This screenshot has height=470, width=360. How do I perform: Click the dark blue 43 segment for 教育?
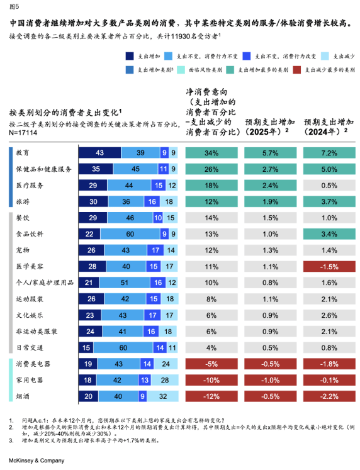tap(100, 152)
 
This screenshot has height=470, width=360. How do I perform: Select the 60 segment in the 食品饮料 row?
tap(130, 234)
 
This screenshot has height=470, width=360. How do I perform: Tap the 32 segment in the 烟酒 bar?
tap(162, 396)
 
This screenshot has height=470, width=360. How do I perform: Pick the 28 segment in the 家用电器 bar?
tap(164, 380)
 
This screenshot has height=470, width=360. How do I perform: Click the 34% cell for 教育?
tap(211, 153)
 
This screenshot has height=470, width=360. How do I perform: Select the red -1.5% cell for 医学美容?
tap(329, 267)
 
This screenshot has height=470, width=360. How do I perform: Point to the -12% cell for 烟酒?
tap(211, 396)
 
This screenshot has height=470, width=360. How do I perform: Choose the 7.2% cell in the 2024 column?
tap(329, 153)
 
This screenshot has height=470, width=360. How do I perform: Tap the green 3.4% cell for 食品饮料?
tap(329, 234)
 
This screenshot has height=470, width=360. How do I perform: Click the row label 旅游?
tap(23, 201)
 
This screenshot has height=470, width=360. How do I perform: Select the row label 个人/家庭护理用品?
tap(45, 283)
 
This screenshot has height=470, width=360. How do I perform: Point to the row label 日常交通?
tap(30, 347)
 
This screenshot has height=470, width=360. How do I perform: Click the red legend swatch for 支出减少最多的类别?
tap(297, 70)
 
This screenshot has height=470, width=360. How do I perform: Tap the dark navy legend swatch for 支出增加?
tap(130, 56)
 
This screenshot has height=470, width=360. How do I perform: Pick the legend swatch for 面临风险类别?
tap(181, 70)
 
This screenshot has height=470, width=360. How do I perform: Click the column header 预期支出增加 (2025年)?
tap(270, 127)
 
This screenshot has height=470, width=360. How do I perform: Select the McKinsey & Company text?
tap(37, 461)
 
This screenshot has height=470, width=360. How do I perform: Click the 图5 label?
tap(14, 6)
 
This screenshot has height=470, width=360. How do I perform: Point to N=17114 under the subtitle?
tap(23, 133)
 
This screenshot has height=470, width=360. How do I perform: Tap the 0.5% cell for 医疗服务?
tap(329, 185)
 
